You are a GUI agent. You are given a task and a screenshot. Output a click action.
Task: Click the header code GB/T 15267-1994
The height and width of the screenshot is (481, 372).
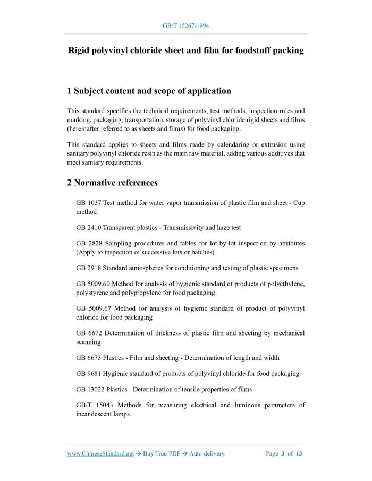185,25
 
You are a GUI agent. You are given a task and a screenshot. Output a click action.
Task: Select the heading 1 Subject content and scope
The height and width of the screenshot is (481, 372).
149,91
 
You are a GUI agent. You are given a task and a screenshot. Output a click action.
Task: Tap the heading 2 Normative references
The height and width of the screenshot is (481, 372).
112,183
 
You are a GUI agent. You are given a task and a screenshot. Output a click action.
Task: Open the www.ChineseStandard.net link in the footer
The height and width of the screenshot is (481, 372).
100,454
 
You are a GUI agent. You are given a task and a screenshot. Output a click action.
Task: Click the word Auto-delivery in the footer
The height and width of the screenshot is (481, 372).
207,454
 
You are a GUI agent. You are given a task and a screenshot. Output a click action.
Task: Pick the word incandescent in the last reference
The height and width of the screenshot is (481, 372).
94,414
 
